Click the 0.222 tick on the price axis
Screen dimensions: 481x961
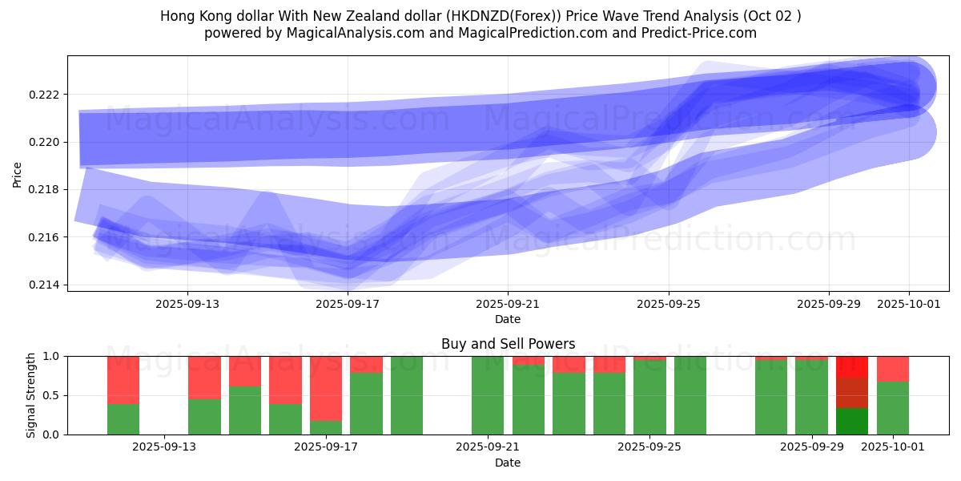coord(44,95)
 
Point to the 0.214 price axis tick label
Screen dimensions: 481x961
coord(44,285)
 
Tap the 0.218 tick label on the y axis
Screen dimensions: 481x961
coord(44,190)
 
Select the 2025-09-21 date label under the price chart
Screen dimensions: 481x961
coord(508,304)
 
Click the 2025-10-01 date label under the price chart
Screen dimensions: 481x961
coord(909,304)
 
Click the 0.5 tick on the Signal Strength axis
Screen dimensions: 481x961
coord(50,395)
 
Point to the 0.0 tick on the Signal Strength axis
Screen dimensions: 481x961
coord(50,435)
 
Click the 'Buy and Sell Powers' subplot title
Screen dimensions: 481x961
coord(508,344)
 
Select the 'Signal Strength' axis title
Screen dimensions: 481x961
coord(32,395)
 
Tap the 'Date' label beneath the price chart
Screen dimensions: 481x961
coord(508,319)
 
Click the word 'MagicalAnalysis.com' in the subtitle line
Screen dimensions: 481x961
coord(356,33)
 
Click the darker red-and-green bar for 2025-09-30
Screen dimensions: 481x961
coord(852,395)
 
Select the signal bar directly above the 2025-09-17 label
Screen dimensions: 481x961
coord(326,395)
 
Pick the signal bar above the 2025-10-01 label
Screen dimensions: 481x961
coord(893,395)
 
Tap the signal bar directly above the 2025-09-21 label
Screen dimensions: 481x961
coord(488,395)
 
